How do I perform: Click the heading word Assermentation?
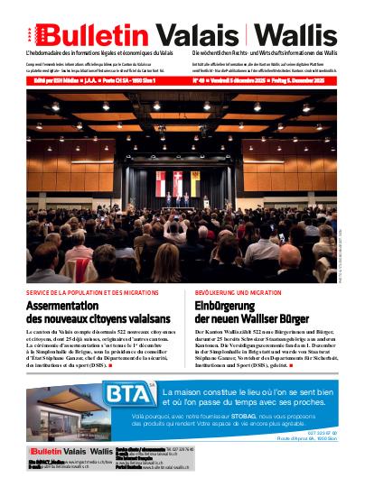[x=72, y=307]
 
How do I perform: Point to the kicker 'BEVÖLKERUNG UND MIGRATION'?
[x=238, y=293]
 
